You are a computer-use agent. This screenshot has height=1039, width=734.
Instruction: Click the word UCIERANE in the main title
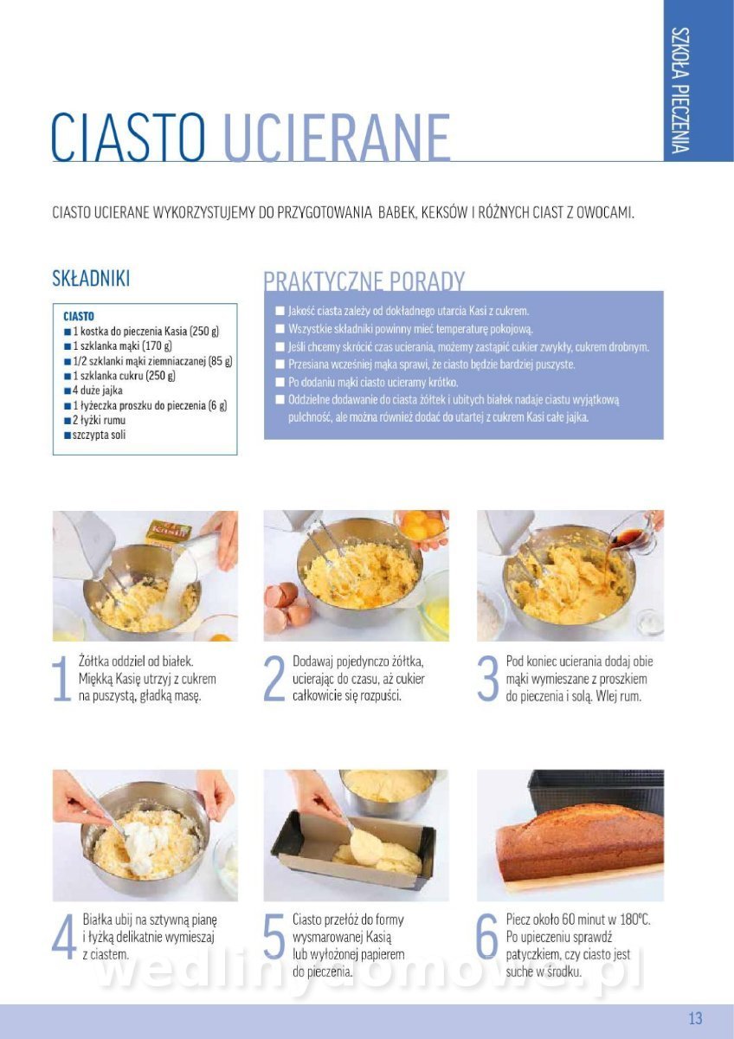pos(337,138)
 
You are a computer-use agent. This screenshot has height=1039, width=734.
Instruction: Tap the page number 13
pos(695,1018)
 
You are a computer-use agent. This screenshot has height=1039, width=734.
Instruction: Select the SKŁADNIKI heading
pos(91,278)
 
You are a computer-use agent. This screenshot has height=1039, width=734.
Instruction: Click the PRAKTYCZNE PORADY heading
pos(364,281)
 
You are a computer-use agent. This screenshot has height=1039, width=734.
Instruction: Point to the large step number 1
pos(61,681)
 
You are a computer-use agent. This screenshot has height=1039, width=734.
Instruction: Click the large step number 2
pos(274,681)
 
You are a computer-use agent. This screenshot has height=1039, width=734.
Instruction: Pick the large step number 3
pos(488,681)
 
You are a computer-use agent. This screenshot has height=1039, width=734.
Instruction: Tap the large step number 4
pos(64,938)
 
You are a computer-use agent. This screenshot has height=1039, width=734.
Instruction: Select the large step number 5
pos(274,938)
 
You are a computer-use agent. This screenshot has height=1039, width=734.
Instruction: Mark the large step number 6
pos(488,938)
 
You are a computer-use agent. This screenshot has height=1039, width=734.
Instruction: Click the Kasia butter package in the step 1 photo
pos(168,533)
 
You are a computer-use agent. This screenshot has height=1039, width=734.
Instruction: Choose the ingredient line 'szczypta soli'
pos(95,435)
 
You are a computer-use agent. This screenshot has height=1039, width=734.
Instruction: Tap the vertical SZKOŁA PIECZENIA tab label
pos(680,90)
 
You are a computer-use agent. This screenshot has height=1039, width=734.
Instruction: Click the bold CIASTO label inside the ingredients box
pos(79,316)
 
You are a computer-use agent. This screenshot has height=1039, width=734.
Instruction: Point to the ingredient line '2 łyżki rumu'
pos(95,420)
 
